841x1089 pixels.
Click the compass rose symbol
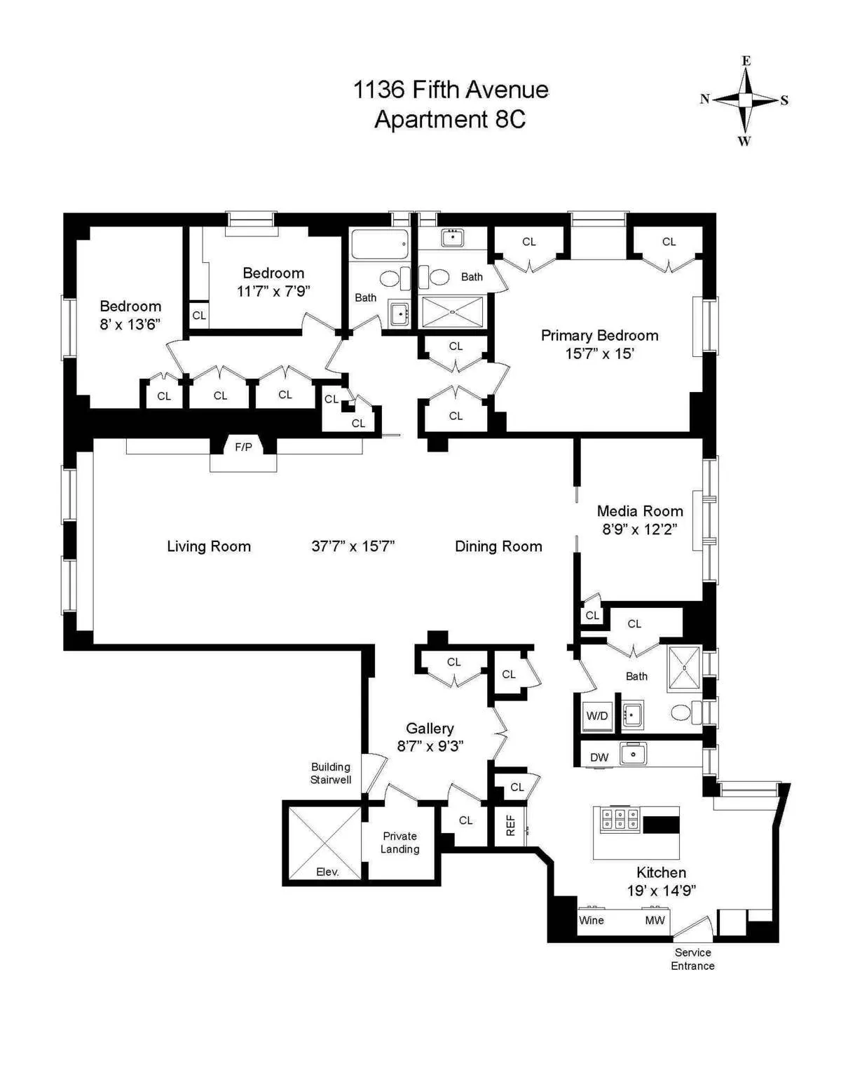745,100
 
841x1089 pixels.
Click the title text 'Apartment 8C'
450,119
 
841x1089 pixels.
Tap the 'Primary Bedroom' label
599,336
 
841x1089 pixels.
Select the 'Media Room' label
639,511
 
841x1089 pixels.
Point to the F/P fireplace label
243,447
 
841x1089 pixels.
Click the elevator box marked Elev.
323,841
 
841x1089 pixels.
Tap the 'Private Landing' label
399,842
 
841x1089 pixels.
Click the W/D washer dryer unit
597,716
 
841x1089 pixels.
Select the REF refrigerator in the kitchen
510,825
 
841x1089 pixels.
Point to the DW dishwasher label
599,757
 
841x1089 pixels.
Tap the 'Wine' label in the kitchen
591,921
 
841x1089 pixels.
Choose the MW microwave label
655,921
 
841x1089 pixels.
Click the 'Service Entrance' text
692,959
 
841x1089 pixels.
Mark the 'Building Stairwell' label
331,773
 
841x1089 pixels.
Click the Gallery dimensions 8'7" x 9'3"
430,746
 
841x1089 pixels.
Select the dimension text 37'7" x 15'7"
353,547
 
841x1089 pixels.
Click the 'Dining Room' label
498,547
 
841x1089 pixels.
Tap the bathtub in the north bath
379,245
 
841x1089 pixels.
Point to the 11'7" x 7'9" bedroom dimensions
273,291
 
